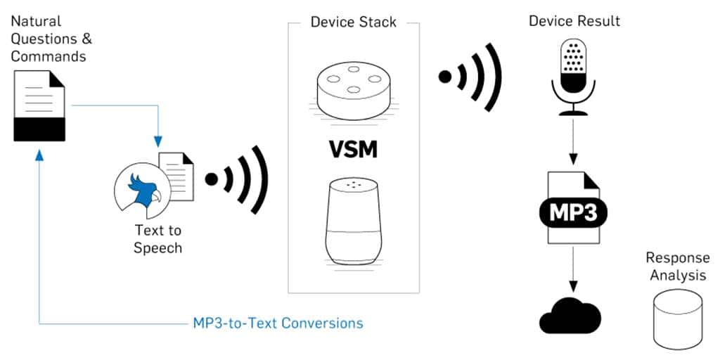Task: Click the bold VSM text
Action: click(x=353, y=150)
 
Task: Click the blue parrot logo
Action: click(x=139, y=188)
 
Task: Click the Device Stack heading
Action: click(x=353, y=22)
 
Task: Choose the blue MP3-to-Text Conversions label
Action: click(x=278, y=323)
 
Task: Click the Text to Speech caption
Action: click(x=157, y=239)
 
